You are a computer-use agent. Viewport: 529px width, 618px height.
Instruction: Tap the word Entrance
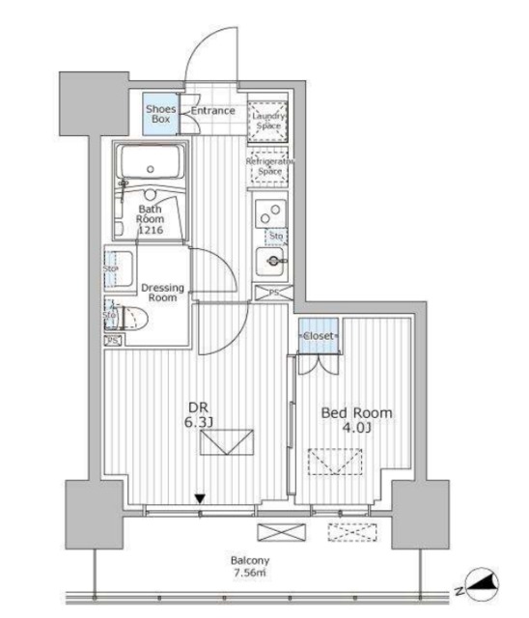[x=212, y=111]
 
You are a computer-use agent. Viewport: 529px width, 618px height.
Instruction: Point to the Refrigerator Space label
[x=269, y=165]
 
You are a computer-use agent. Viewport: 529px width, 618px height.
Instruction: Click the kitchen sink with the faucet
[x=272, y=261]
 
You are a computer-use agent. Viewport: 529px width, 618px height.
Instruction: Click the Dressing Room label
[x=161, y=293]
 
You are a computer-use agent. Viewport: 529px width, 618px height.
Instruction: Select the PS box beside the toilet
[x=113, y=340]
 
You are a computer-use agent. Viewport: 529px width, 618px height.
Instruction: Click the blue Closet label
[x=318, y=335]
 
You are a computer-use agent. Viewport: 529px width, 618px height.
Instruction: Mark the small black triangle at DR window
[x=200, y=499]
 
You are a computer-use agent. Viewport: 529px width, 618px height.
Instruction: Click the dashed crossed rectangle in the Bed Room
[x=327, y=464]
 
